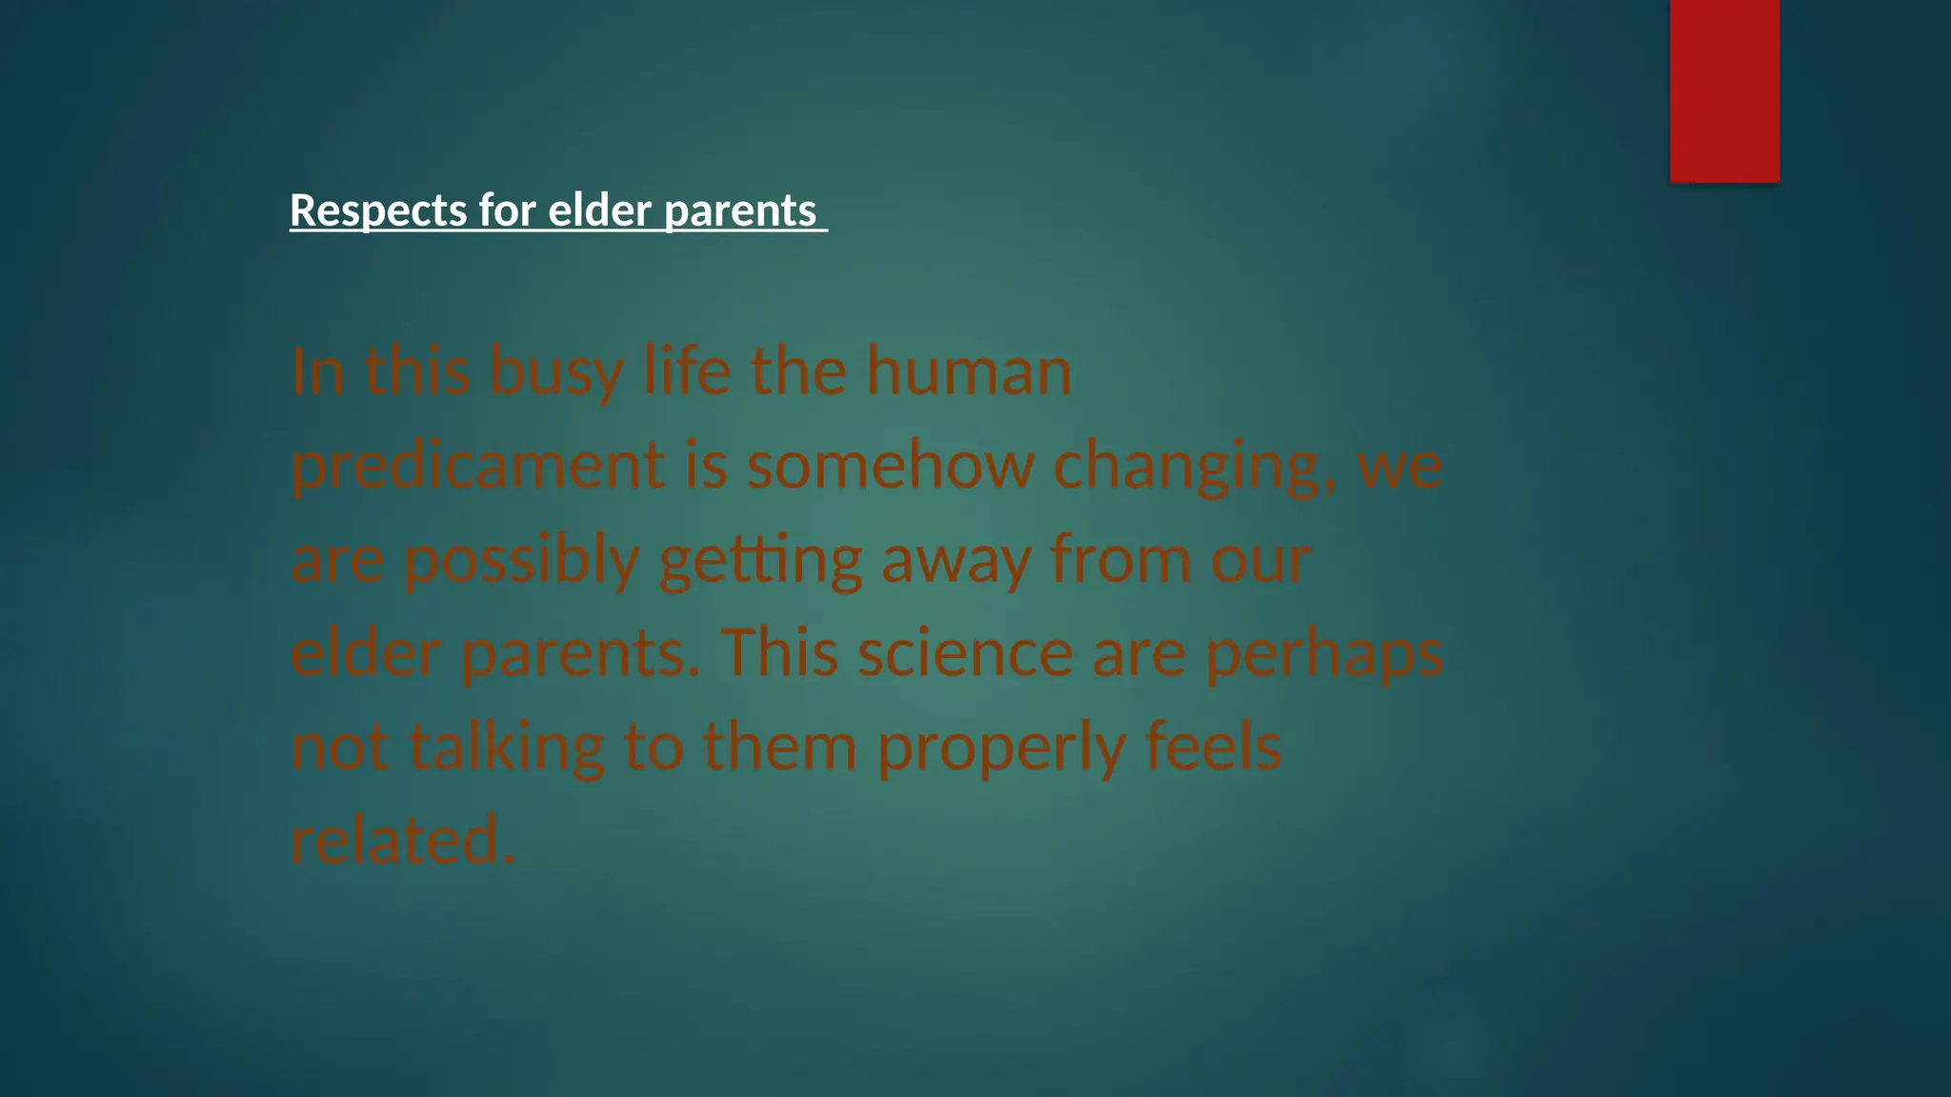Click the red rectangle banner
coord(1724,90)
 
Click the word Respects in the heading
coord(378,210)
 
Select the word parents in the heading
coord(740,210)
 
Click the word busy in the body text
coord(556,371)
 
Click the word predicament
coord(477,466)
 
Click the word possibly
coord(521,560)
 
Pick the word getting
coord(760,560)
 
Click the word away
coord(956,560)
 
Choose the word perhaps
coord(1324,654)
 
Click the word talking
coord(507,747)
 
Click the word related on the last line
coord(403,839)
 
